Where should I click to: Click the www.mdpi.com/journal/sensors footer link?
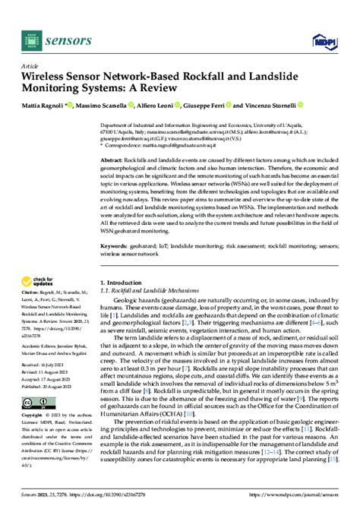click(307, 501)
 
